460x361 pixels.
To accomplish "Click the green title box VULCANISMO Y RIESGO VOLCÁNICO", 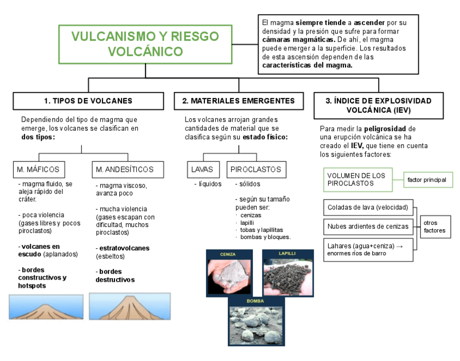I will tap(145, 43).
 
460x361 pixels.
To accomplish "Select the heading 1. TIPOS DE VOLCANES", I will tap(88, 101).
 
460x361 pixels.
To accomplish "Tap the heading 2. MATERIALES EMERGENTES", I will tap(239, 101).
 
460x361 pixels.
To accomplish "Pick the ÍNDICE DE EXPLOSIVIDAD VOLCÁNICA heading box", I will tap(378, 105).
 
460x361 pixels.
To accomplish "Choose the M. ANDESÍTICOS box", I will tap(125, 170).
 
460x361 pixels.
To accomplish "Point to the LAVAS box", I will tap(203, 170).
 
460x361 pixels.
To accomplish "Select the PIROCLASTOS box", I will tap(255, 170).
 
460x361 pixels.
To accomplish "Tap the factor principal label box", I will tap(427, 179).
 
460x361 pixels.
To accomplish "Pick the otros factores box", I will tap(435, 226).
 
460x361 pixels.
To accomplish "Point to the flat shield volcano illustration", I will tap(46, 307).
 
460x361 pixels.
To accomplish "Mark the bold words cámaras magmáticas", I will tap(297, 40).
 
